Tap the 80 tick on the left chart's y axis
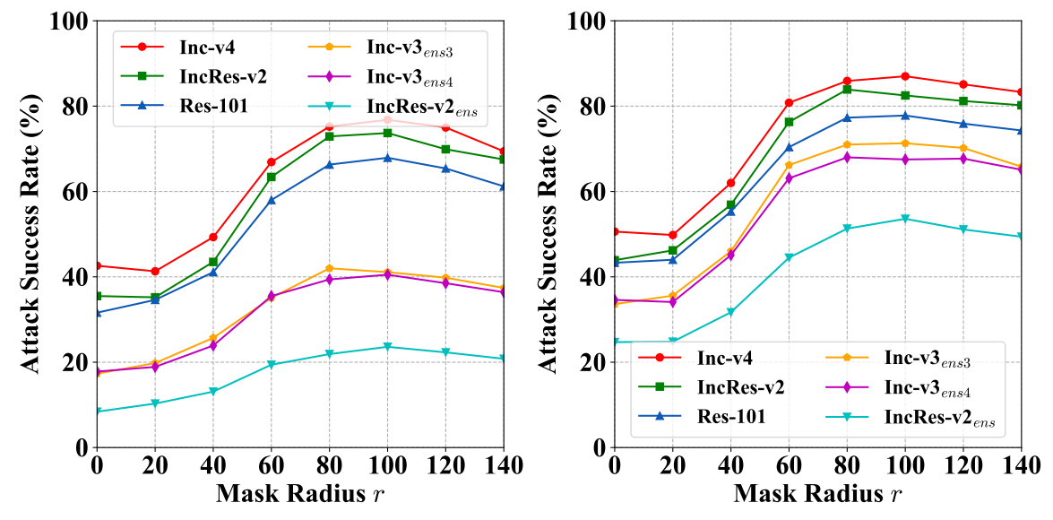(73, 106)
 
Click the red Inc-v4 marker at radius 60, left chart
(271, 162)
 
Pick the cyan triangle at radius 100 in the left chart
(387, 347)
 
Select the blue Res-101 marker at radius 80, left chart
(329, 165)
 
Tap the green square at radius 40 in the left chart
(213, 262)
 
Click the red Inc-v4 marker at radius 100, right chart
(905, 76)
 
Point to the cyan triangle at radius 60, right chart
(789, 257)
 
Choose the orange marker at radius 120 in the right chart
(963, 148)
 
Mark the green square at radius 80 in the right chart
(847, 89)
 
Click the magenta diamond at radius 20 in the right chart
(672, 301)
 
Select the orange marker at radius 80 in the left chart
(329, 268)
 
